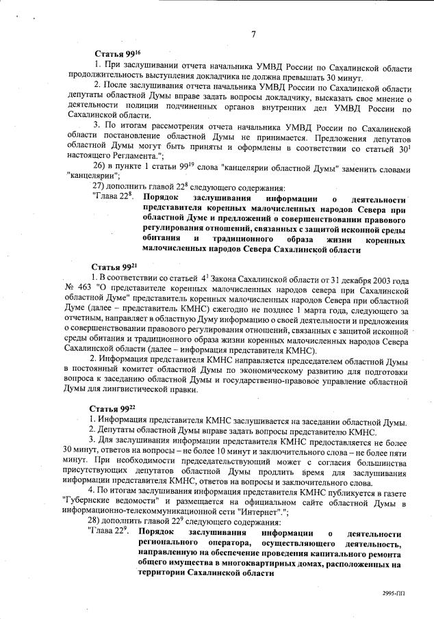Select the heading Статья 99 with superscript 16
[116, 53]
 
